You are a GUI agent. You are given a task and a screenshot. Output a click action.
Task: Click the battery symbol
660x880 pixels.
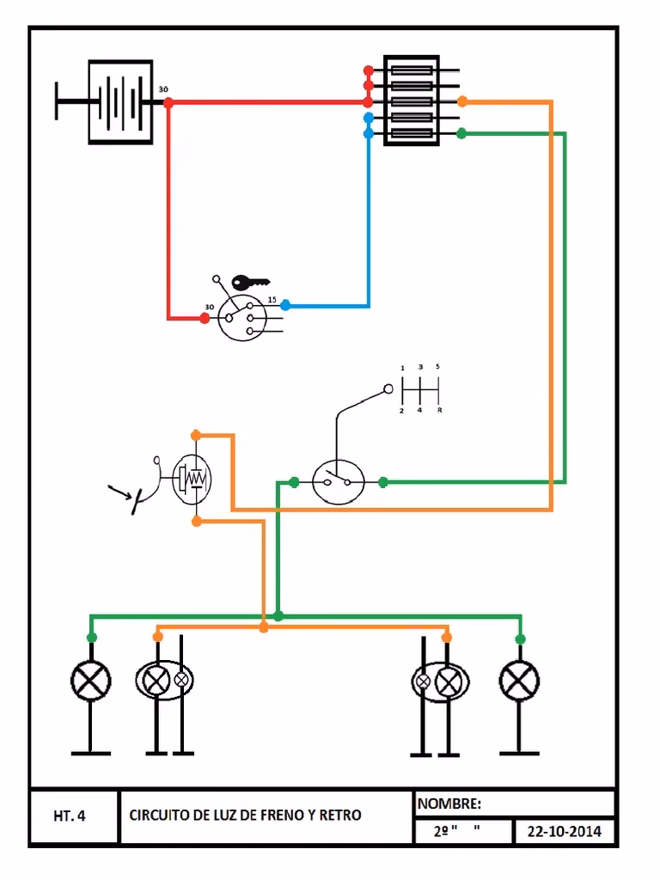tap(120, 102)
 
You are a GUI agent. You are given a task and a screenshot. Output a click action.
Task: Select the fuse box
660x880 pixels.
tap(411, 101)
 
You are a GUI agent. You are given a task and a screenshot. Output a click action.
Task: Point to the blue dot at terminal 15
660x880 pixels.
tap(285, 305)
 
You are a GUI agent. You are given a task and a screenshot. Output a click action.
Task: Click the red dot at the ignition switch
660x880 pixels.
tap(205, 318)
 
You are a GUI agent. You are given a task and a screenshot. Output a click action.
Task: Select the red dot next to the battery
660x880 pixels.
tap(168, 102)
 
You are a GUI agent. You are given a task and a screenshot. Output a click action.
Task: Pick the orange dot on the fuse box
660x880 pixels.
tap(462, 101)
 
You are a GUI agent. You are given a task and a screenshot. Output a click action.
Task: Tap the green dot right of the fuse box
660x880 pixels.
tap(461, 133)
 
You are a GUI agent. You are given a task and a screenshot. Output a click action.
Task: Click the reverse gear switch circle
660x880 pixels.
tap(338, 482)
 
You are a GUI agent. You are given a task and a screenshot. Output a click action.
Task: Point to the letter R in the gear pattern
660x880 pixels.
tap(440, 412)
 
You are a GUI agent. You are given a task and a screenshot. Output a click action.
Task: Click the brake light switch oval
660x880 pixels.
tap(192, 478)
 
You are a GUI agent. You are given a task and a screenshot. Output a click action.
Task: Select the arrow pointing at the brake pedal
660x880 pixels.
tap(120, 492)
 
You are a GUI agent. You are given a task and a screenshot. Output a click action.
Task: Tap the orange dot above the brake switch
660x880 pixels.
tap(196, 435)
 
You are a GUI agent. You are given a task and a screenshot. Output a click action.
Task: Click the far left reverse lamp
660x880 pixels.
tap(91, 683)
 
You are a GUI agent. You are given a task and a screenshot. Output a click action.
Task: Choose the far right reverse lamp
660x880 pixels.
tap(519, 683)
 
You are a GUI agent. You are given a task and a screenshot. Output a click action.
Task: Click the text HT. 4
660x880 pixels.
tap(70, 816)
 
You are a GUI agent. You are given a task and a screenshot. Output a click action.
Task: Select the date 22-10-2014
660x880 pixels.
tap(565, 832)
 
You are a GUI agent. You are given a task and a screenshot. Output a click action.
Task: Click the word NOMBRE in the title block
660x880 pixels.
tap(449, 804)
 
